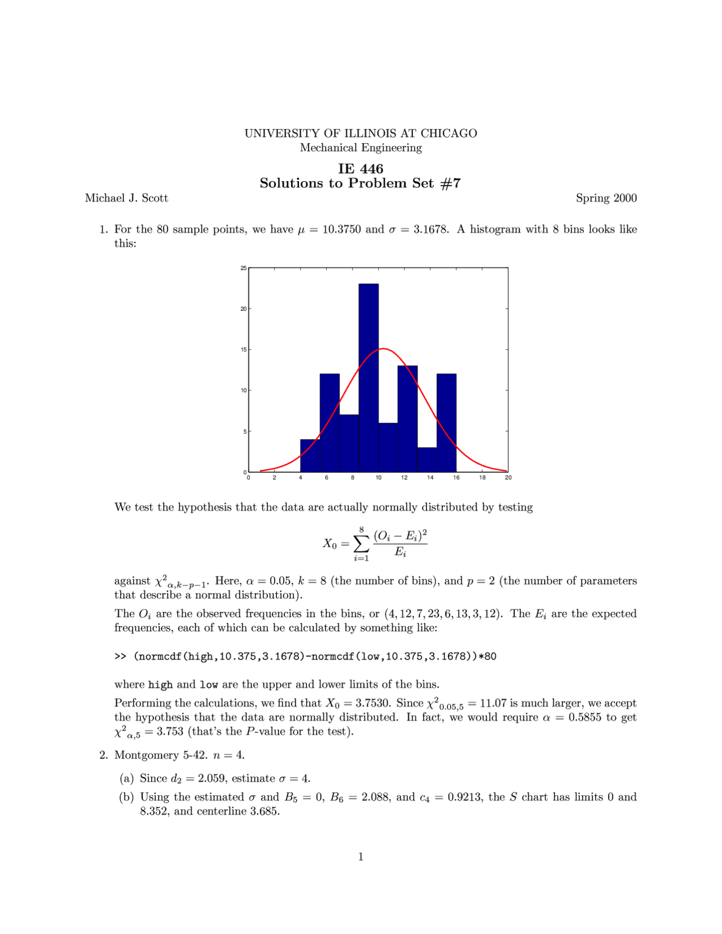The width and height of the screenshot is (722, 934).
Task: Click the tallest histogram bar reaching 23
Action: pos(368,378)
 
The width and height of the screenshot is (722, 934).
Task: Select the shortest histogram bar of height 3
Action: pos(427,460)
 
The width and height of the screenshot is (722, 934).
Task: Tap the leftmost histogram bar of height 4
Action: pos(310,456)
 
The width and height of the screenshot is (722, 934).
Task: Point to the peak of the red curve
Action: pos(383,349)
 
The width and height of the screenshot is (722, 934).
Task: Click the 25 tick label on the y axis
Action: pos(244,268)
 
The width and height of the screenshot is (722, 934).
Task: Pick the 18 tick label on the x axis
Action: pos(482,478)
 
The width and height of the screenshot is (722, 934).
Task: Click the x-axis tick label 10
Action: pos(378,478)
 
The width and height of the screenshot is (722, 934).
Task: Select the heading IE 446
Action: pos(360,169)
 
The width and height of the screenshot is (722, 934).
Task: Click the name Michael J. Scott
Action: pos(126,198)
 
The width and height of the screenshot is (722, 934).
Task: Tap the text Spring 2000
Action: pos(606,198)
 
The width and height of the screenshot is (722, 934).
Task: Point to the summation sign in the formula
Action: pos(361,544)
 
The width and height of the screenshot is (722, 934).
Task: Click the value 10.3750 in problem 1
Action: pos(341,230)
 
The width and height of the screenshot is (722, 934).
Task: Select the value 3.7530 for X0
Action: pos(373,703)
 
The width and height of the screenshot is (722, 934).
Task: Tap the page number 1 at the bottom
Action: pos(360,857)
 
